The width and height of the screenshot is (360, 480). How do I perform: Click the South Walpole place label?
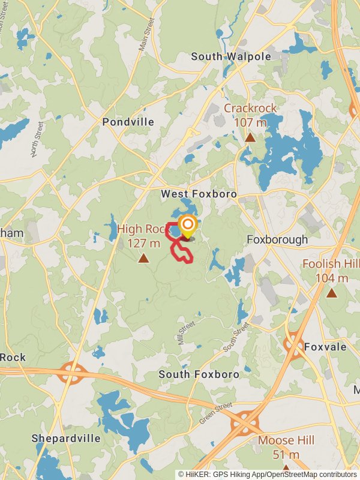(x=231, y=56)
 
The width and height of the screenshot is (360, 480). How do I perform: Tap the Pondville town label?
(x=128, y=122)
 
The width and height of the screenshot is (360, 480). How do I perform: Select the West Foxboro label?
(x=199, y=194)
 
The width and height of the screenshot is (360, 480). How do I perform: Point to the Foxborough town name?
(x=277, y=239)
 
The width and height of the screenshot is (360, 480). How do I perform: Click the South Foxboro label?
(x=199, y=374)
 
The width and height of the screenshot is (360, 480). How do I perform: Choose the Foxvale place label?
(x=325, y=347)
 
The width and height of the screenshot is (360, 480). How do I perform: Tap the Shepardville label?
(x=66, y=438)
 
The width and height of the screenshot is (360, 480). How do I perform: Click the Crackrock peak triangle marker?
(x=250, y=137)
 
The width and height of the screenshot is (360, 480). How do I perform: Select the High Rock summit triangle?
(x=143, y=259)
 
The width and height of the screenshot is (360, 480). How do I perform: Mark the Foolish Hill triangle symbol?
(x=331, y=293)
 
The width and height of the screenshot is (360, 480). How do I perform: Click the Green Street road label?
(x=215, y=413)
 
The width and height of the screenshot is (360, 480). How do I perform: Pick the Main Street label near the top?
(x=147, y=34)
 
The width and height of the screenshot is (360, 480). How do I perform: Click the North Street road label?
(x=38, y=139)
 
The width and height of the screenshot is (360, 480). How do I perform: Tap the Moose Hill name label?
(x=286, y=440)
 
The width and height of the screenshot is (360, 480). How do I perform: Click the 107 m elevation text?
(x=251, y=122)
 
